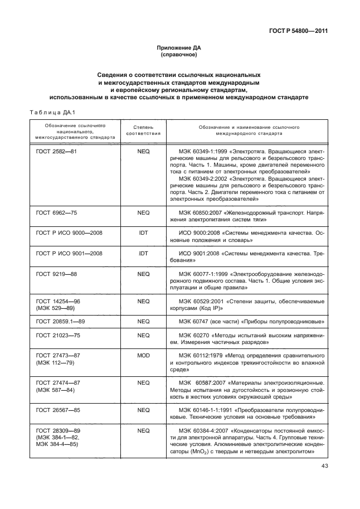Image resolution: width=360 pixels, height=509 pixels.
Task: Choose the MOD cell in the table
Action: (x=143, y=355)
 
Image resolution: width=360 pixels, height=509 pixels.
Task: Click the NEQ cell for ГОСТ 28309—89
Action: (x=143, y=431)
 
